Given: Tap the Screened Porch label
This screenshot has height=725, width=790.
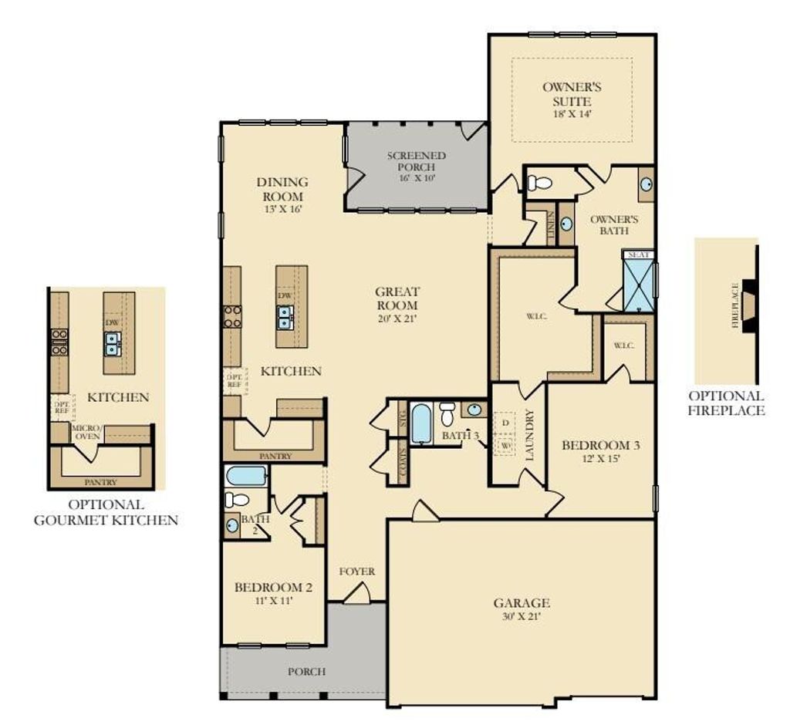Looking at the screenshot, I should point(417,161).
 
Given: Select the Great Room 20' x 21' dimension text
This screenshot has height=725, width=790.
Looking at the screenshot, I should point(397,318).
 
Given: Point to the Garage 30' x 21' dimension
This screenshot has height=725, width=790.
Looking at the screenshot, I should point(522,617).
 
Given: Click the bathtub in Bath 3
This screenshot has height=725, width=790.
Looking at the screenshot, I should point(421,423).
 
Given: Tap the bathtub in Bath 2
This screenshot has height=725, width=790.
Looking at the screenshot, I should point(246,475).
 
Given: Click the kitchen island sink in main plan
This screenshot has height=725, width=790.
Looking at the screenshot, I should point(285,317).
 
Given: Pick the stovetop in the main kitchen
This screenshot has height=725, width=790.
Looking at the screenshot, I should point(231,316).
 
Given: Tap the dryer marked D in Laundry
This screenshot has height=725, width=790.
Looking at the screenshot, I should point(505,423).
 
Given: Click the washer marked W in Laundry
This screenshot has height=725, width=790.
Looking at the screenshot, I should point(505,446).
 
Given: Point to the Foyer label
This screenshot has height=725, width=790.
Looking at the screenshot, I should point(357,572).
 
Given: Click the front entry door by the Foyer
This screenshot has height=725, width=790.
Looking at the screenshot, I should point(356,593).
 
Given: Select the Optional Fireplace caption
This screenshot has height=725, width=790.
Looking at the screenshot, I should point(726,403).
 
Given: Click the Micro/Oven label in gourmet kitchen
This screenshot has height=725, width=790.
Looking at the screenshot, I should point(86,432).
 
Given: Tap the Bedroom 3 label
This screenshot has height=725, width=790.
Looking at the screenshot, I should point(600,445).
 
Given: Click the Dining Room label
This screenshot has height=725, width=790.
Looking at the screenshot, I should point(282,189).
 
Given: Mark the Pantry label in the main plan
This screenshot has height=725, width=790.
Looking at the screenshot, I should point(275,456).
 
